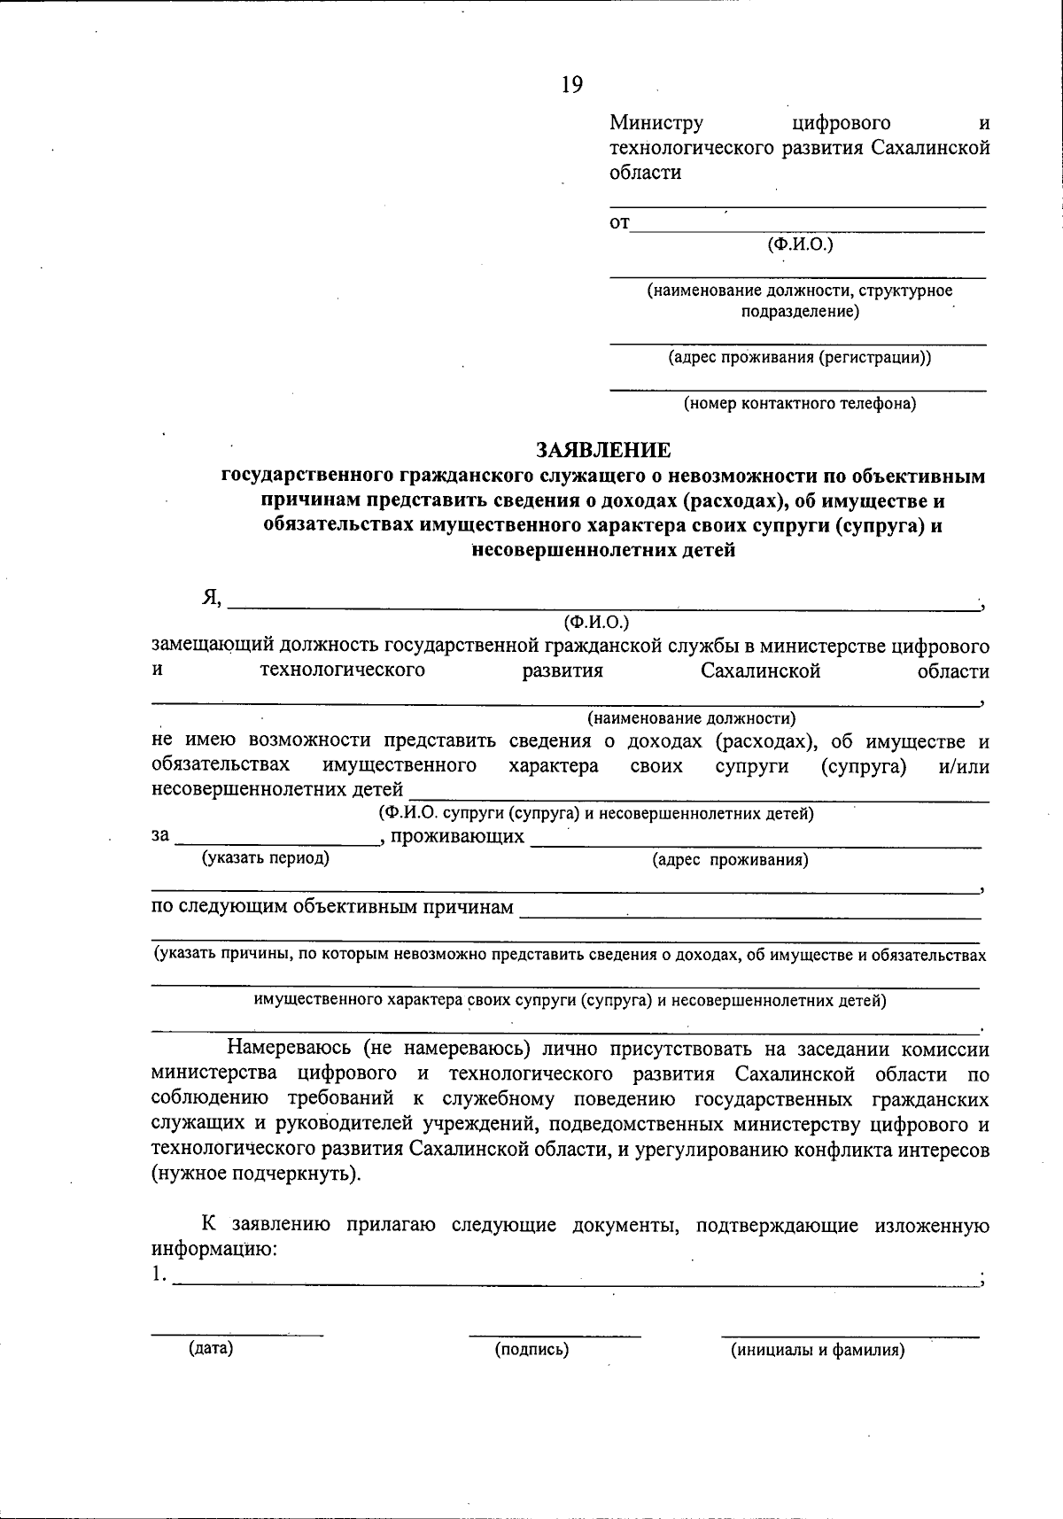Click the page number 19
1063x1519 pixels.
tap(571, 85)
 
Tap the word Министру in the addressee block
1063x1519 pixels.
tap(656, 123)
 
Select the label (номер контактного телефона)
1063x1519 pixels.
tap(799, 404)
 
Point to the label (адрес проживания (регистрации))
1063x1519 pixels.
tap(799, 357)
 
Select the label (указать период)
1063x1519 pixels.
tap(266, 857)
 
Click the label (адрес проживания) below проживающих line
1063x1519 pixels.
tap(730, 859)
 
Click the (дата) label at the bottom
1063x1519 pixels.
tap(211, 1349)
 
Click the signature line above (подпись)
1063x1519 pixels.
tap(555, 1333)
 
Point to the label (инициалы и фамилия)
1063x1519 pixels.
tap(817, 1350)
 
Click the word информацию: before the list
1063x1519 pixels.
tap(214, 1250)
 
